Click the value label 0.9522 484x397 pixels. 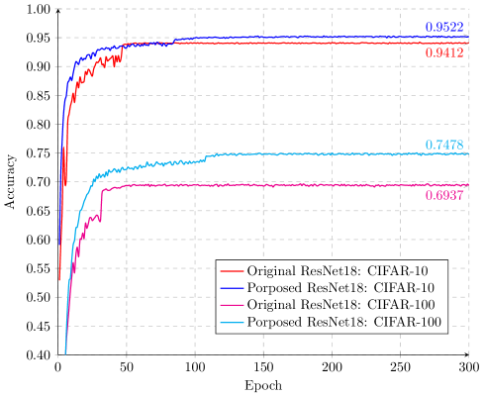coord(444,27)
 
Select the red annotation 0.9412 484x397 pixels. coord(444,51)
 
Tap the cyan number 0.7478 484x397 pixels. coord(444,146)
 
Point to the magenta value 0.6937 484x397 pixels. coord(444,195)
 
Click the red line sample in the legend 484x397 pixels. coord(232,270)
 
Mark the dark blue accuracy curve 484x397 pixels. coord(297,38)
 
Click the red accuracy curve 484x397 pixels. coord(297,43)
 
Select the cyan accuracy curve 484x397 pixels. coord(297,153)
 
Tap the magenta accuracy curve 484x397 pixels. coord(297,185)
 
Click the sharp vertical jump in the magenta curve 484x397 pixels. coord(101,203)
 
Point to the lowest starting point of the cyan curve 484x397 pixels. coord(65,351)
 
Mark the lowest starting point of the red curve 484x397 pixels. coord(59,280)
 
